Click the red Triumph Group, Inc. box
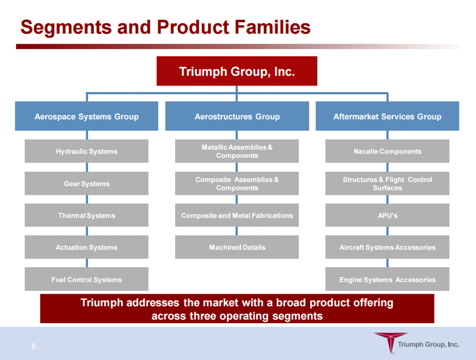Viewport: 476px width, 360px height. tap(237, 71)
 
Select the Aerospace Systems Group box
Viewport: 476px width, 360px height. tap(87, 116)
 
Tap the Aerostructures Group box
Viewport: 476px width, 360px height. tap(237, 116)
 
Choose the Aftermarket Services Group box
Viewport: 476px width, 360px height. tap(387, 116)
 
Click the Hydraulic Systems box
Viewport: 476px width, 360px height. tap(87, 151)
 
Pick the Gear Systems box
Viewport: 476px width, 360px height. tap(87, 183)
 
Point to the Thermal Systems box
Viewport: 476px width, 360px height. tap(87, 215)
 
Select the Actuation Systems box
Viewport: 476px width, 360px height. tap(87, 247)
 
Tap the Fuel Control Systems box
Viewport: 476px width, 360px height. tap(87, 279)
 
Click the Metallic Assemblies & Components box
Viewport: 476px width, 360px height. tap(237, 151)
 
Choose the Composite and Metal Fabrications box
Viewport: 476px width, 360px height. tap(237, 215)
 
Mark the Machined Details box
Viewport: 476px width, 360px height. tap(237, 247)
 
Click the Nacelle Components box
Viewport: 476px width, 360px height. tap(387, 151)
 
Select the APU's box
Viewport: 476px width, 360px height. tap(387, 215)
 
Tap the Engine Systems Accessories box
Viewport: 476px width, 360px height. tap(387, 279)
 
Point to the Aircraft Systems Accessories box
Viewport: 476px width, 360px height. tap(387, 247)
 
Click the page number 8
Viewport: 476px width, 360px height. tap(34, 346)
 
